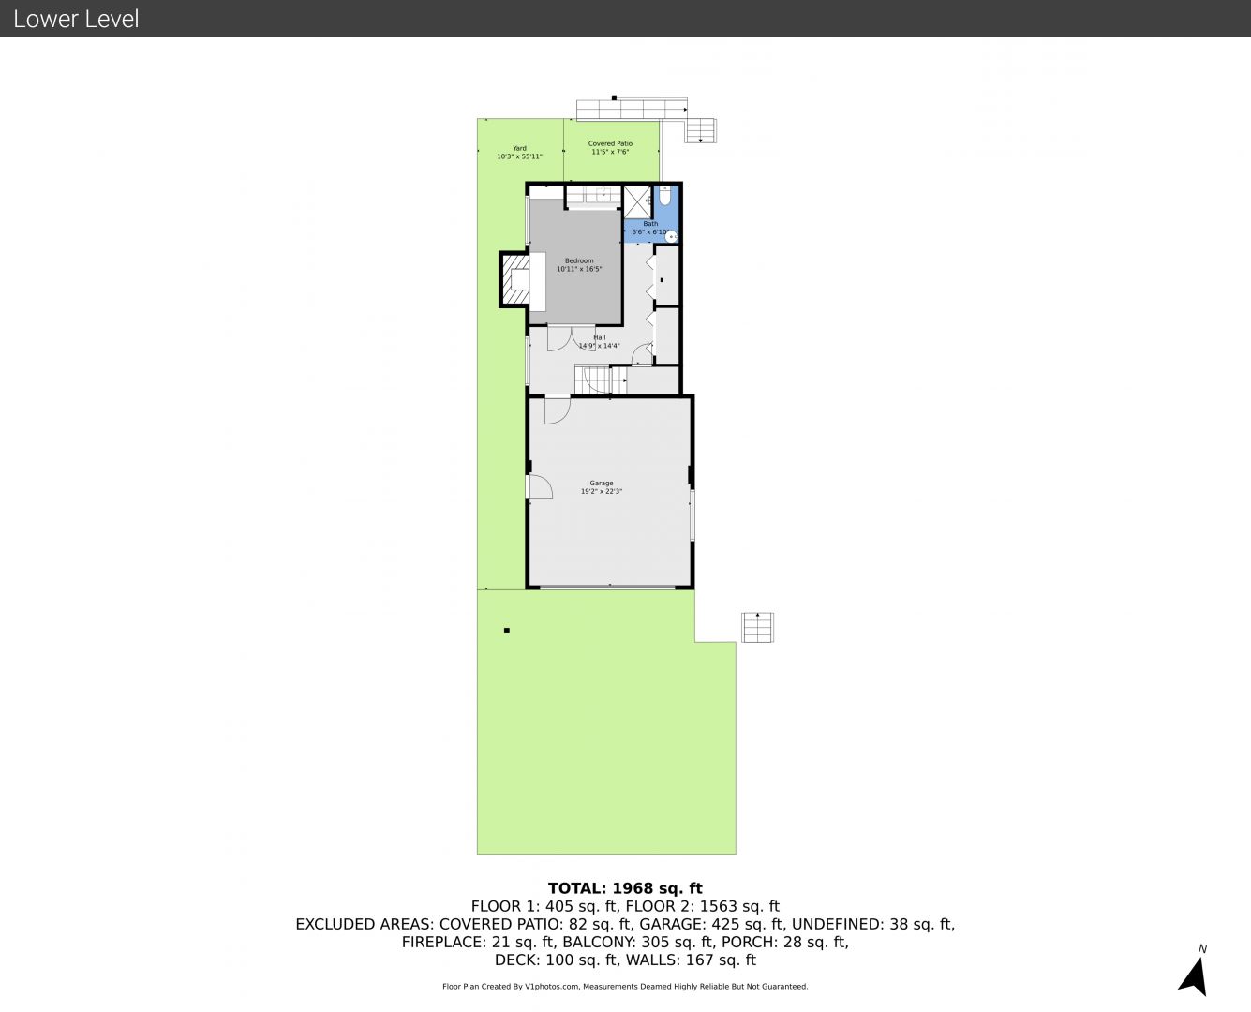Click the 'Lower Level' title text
coord(76,19)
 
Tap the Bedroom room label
coord(579,260)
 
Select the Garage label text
coord(602,483)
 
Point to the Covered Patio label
coord(610,143)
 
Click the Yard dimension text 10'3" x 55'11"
coord(519,156)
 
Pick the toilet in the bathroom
coord(664,195)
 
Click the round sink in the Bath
coord(671,237)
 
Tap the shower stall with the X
coord(637,201)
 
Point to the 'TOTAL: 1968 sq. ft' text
coord(625,888)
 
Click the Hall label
coord(599,337)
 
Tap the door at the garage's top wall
coord(558,410)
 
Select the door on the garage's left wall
coord(540,486)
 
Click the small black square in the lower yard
coord(507,631)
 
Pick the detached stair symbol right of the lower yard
coord(758,627)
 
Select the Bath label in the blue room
coord(650,224)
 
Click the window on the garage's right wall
coord(692,515)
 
